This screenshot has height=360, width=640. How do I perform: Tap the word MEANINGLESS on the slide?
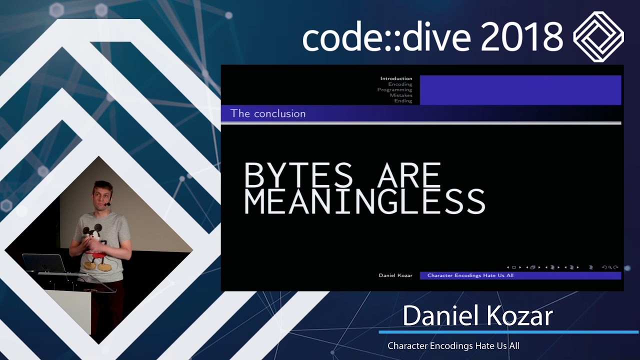[x=364, y=201]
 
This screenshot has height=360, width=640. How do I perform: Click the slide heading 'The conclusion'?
[x=268, y=113]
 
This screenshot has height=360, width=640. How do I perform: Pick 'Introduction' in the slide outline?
[x=396, y=78]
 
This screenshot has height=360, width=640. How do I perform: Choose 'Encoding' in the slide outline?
[x=400, y=84]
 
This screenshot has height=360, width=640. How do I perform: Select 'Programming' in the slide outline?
[x=394, y=90]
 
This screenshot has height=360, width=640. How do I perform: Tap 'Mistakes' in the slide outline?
[x=401, y=95]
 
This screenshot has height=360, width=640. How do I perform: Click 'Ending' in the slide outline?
[x=403, y=101]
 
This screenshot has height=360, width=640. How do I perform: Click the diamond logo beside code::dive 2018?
[x=598, y=36]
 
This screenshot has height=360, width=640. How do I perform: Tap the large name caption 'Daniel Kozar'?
[x=477, y=316]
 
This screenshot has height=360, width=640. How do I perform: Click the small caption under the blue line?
[x=453, y=345]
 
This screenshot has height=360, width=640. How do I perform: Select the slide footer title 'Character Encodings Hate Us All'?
[x=470, y=275]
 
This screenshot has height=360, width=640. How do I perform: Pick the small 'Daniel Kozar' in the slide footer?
[x=395, y=275]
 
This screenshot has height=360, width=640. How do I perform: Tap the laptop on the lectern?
[x=43, y=263]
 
